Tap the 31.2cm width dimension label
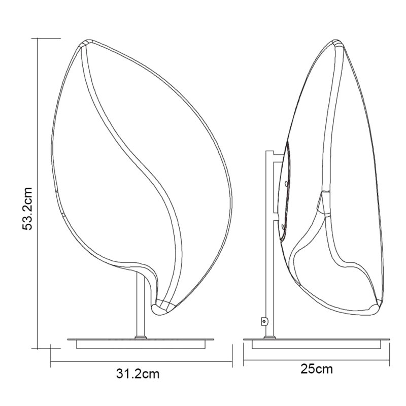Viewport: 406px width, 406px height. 138,374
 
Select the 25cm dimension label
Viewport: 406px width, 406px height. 316,369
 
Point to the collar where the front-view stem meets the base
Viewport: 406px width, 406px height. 141,337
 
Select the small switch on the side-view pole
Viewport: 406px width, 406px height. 264,321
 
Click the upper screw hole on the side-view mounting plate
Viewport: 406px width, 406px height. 286,184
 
